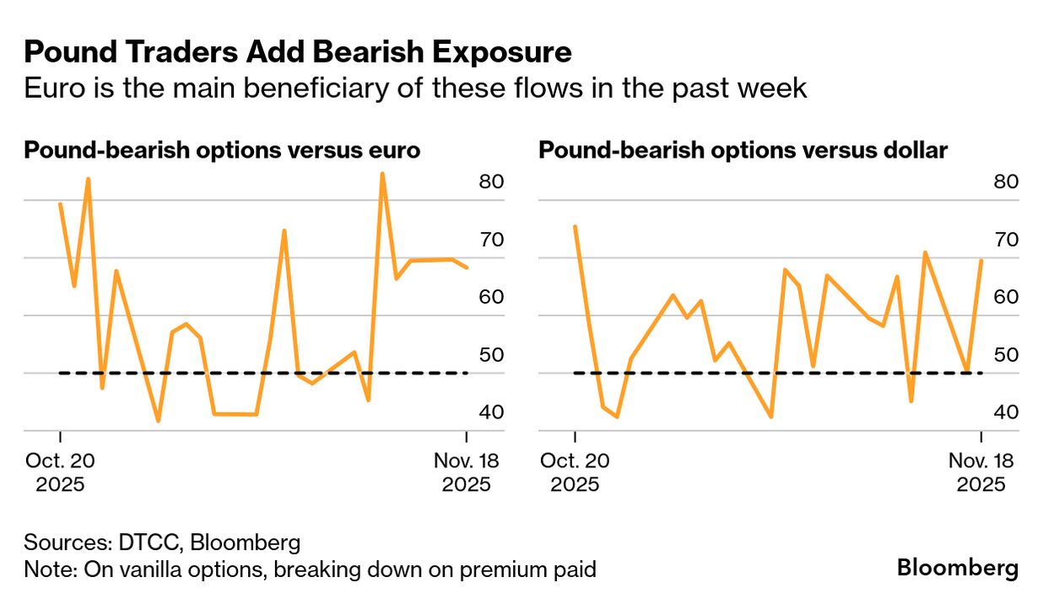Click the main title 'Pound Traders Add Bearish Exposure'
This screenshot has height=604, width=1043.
point(298,52)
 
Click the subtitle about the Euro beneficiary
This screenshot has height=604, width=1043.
point(415,88)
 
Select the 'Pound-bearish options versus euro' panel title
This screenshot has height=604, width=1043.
point(223,151)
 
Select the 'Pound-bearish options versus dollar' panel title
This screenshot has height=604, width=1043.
point(743,151)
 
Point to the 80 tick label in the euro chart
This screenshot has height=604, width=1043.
point(491,182)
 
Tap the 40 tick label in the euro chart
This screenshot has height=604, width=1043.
point(491,413)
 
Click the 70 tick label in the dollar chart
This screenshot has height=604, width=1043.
point(1006,240)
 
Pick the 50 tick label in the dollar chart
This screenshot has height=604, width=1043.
point(1006,355)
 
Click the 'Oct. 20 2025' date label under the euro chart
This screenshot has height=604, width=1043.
point(60,472)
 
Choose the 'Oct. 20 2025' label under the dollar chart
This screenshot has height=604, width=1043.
point(575,472)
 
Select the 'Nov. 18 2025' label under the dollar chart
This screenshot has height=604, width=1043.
point(981,472)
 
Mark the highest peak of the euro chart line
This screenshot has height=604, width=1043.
point(382,174)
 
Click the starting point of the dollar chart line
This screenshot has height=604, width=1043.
point(575,226)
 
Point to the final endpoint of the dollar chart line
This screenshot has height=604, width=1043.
point(981,260)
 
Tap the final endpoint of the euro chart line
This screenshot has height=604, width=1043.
point(467,267)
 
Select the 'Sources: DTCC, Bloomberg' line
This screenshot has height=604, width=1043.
point(162,542)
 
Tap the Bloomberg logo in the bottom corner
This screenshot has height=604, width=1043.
point(958,568)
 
